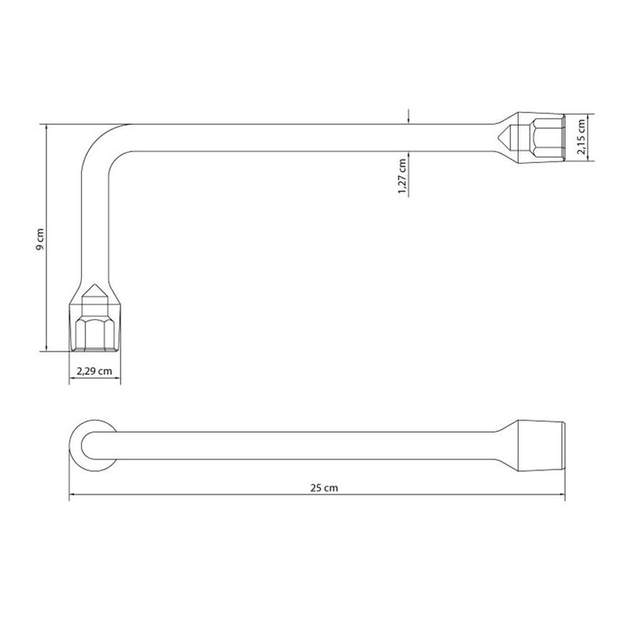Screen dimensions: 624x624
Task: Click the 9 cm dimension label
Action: coord(40,239)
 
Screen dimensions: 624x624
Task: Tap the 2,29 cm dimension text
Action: coord(94,371)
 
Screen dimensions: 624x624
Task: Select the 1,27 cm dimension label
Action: coord(402,176)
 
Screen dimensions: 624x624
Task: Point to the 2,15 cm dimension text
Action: coord(581,136)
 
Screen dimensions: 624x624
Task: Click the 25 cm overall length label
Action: coord(324,488)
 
